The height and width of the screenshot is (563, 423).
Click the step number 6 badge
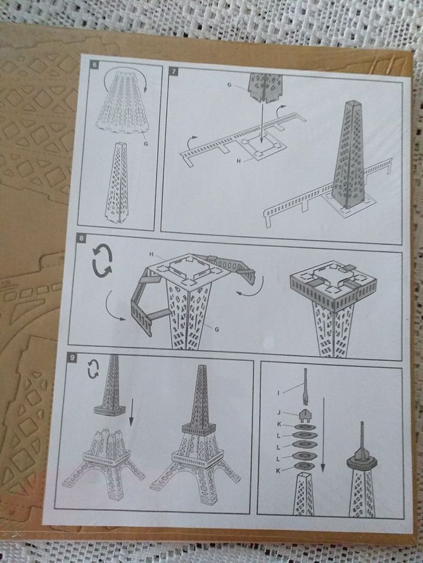point(95,65)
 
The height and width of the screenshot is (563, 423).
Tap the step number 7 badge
point(174,71)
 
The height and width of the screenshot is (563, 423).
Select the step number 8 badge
point(82,238)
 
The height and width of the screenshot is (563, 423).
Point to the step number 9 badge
point(73,358)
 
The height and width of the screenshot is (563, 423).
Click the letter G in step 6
point(146,144)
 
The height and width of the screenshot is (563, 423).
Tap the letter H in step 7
point(238,161)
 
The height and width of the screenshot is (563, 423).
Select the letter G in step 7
point(230,84)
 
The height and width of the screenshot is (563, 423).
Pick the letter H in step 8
point(152,254)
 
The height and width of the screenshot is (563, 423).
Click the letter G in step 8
point(216,329)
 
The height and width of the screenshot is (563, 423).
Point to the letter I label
point(278,393)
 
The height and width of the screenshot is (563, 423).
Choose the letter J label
point(279,413)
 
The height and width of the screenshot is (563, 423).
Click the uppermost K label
point(279,424)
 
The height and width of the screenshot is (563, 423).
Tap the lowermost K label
point(278,471)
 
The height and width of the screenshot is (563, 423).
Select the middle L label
point(279,447)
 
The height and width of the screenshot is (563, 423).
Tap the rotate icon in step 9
point(93,369)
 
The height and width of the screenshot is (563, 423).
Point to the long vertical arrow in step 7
point(262,122)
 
